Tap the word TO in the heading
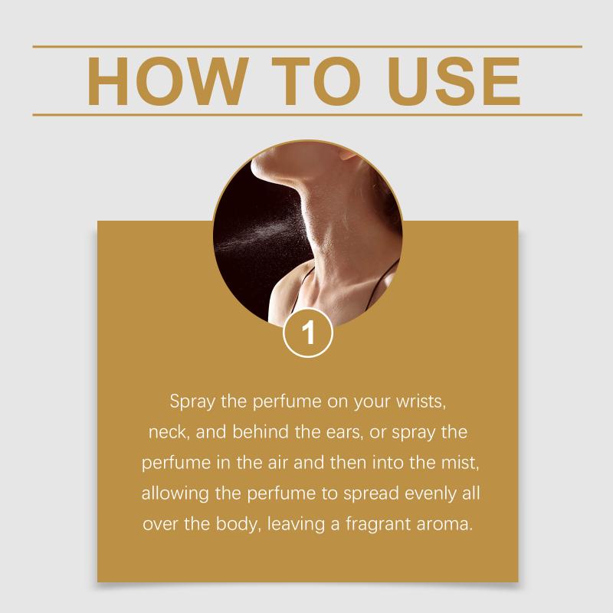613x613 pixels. tap(316, 81)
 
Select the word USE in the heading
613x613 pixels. tap(454, 81)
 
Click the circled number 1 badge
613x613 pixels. tap(308, 333)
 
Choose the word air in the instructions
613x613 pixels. tap(277, 463)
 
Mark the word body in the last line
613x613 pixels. tap(238, 524)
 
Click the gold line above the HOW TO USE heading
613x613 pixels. tap(307, 47)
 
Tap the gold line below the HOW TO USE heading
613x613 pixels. tap(307, 115)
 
